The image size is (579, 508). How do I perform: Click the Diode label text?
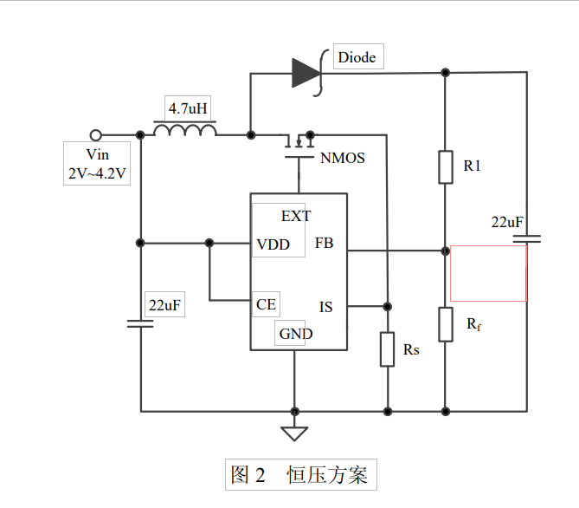click(x=357, y=57)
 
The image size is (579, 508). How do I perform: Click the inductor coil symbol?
click(x=185, y=131)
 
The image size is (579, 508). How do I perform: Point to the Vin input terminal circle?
click(x=96, y=135)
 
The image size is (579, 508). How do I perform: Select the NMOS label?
click(x=342, y=158)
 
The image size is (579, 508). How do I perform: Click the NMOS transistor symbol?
click(x=299, y=144)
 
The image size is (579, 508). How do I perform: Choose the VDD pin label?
click(x=273, y=244)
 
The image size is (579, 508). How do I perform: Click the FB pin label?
click(x=324, y=244)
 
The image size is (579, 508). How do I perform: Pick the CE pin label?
click(x=266, y=304)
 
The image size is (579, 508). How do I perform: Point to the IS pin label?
click(x=325, y=307)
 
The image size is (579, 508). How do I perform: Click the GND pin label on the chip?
click(x=295, y=334)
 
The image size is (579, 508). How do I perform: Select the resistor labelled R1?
click(x=445, y=166)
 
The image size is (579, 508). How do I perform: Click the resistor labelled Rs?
click(x=387, y=349)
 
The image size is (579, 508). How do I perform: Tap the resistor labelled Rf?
click(x=445, y=323)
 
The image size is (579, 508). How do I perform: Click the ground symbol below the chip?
click(x=295, y=433)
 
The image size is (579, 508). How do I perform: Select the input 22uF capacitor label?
click(x=165, y=306)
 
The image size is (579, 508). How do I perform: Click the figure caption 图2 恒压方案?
click(x=299, y=475)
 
